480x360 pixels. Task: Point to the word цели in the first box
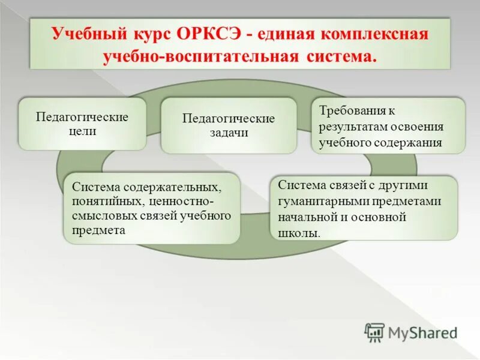click(82, 130)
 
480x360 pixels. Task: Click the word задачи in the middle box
click(228, 133)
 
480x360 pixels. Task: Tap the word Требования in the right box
click(350, 111)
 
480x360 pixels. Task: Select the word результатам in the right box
click(355, 127)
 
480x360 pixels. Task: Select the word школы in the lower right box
click(298, 233)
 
